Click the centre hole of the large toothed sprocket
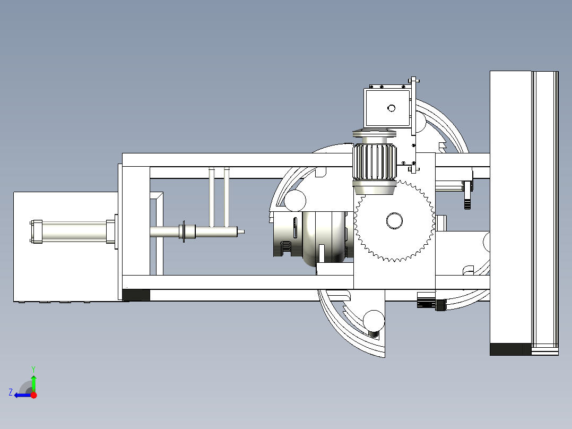pyautogui.click(x=394, y=220)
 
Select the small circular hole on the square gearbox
pyautogui.click(x=392, y=108)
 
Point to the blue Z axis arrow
pyautogui.click(x=23, y=395)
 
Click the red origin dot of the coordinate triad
pyautogui.click(x=34, y=395)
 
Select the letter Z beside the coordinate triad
pyautogui.click(x=11, y=392)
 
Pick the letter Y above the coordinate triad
pyautogui.click(x=33, y=369)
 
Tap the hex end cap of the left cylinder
pyautogui.click(x=36, y=231)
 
